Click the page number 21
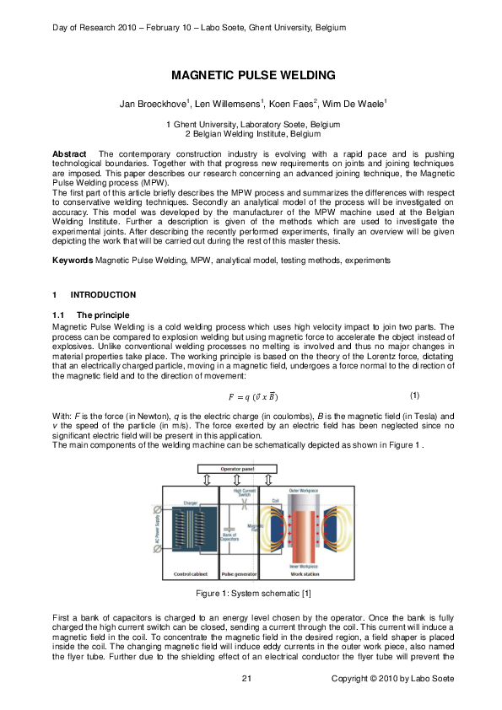pos(247,679)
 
